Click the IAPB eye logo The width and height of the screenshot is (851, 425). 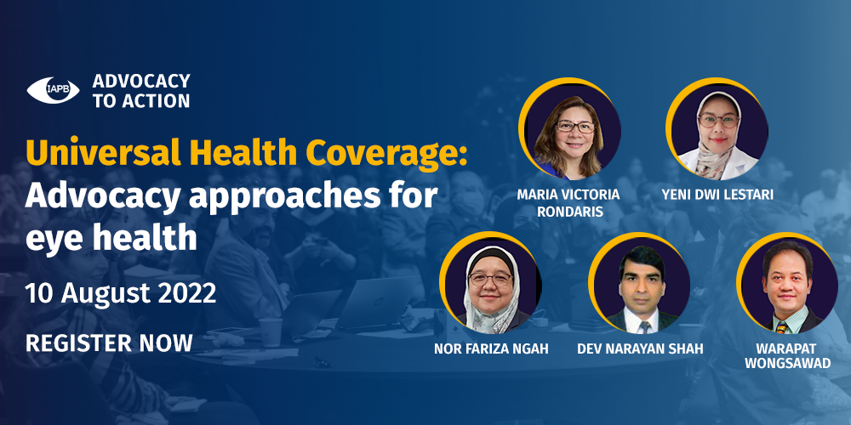[x=53, y=90]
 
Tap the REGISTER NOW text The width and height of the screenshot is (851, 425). [x=109, y=343]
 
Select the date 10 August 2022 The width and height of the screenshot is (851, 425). [x=121, y=294]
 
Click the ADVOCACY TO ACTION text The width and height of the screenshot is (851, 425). [x=141, y=91]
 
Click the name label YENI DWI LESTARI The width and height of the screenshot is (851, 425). [x=717, y=195]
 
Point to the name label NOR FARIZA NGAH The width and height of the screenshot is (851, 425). [x=491, y=349]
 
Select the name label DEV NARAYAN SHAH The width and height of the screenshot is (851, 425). [x=640, y=349]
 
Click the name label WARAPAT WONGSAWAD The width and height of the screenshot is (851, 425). [x=787, y=356]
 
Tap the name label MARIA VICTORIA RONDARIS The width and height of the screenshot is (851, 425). [x=568, y=202]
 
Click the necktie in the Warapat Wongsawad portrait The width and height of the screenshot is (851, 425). [x=781, y=327]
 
